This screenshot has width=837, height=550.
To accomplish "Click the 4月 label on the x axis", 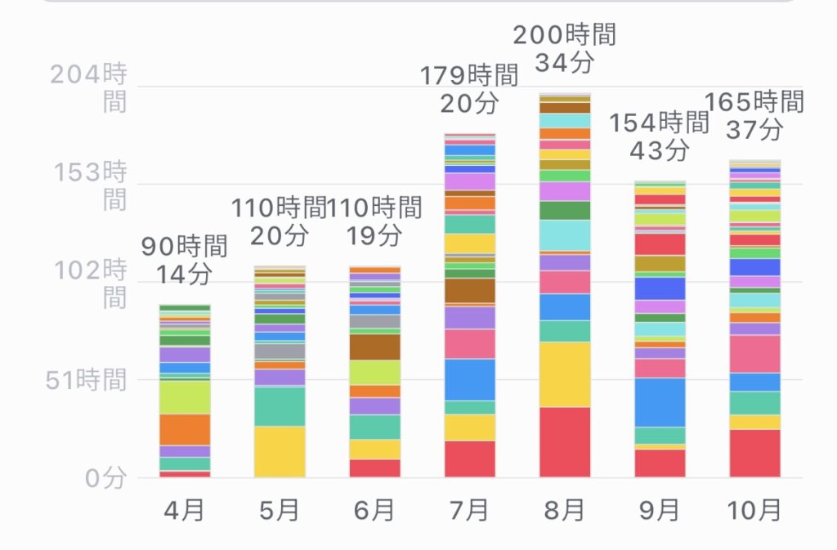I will pyautogui.click(x=184, y=511).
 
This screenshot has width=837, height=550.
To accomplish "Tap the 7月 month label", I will pyautogui.click(x=469, y=511).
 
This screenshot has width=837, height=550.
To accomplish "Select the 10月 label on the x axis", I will pyautogui.click(x=754, y=511).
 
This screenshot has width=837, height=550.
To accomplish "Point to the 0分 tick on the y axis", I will pyautogui.click(x=105, y=478).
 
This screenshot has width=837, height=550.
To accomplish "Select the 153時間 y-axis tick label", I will pyautogui.click(x=88, y=186).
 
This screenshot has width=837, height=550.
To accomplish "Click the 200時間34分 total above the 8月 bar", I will pyautogui.click(x=565, y=47).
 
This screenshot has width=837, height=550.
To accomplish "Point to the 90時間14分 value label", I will pyautogui.click(x=184, y=261).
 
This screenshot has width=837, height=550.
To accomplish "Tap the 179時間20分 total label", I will pyautogui.click(x=469, y=90).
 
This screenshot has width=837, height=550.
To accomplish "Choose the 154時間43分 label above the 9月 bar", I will pyautogui.click(x=660, y=136).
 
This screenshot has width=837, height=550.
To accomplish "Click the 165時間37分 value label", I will pyautogui.click(x=754, y=115).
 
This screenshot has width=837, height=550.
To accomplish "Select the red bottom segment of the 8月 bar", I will pyautogui.click(x=565, y=442).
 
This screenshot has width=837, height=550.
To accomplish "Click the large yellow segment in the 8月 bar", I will pyautogui.click(x=565, y=374).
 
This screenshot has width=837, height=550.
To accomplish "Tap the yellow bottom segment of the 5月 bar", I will pyautogui.click(x=280, y=451).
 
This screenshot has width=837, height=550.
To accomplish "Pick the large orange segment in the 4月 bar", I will pyautogui.click(x=185, y=429).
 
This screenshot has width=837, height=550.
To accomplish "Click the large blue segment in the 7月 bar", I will pyautogui.click(x=470, y=379).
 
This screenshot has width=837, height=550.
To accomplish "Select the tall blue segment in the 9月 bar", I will pyautogui.click(x=660, y=402).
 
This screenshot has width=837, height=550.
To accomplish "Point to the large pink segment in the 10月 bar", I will pyautogui.click(x=754, y=354).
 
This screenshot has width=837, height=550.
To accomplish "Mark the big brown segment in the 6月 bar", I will pyautogui.click(x=374, y=347).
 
